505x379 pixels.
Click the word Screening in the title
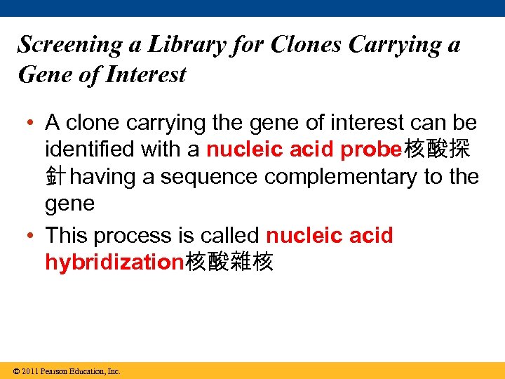pos(69,45)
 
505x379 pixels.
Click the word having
pos(103,177)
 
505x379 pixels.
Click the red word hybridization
pos(114,262)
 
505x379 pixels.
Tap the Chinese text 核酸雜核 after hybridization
pos(229,262)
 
